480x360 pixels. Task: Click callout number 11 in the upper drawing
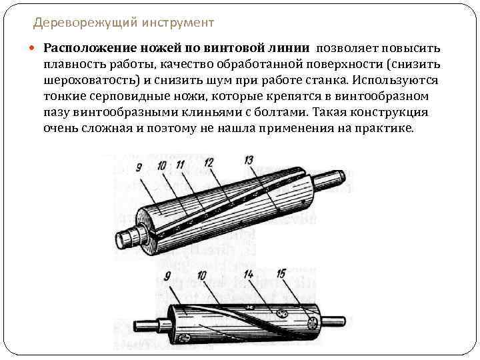[x=181, y=163]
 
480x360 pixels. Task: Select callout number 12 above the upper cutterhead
[x=208, y=162]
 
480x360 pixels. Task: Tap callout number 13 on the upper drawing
[x=249, y=161]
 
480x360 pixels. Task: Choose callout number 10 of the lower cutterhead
[x=201, y=275]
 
